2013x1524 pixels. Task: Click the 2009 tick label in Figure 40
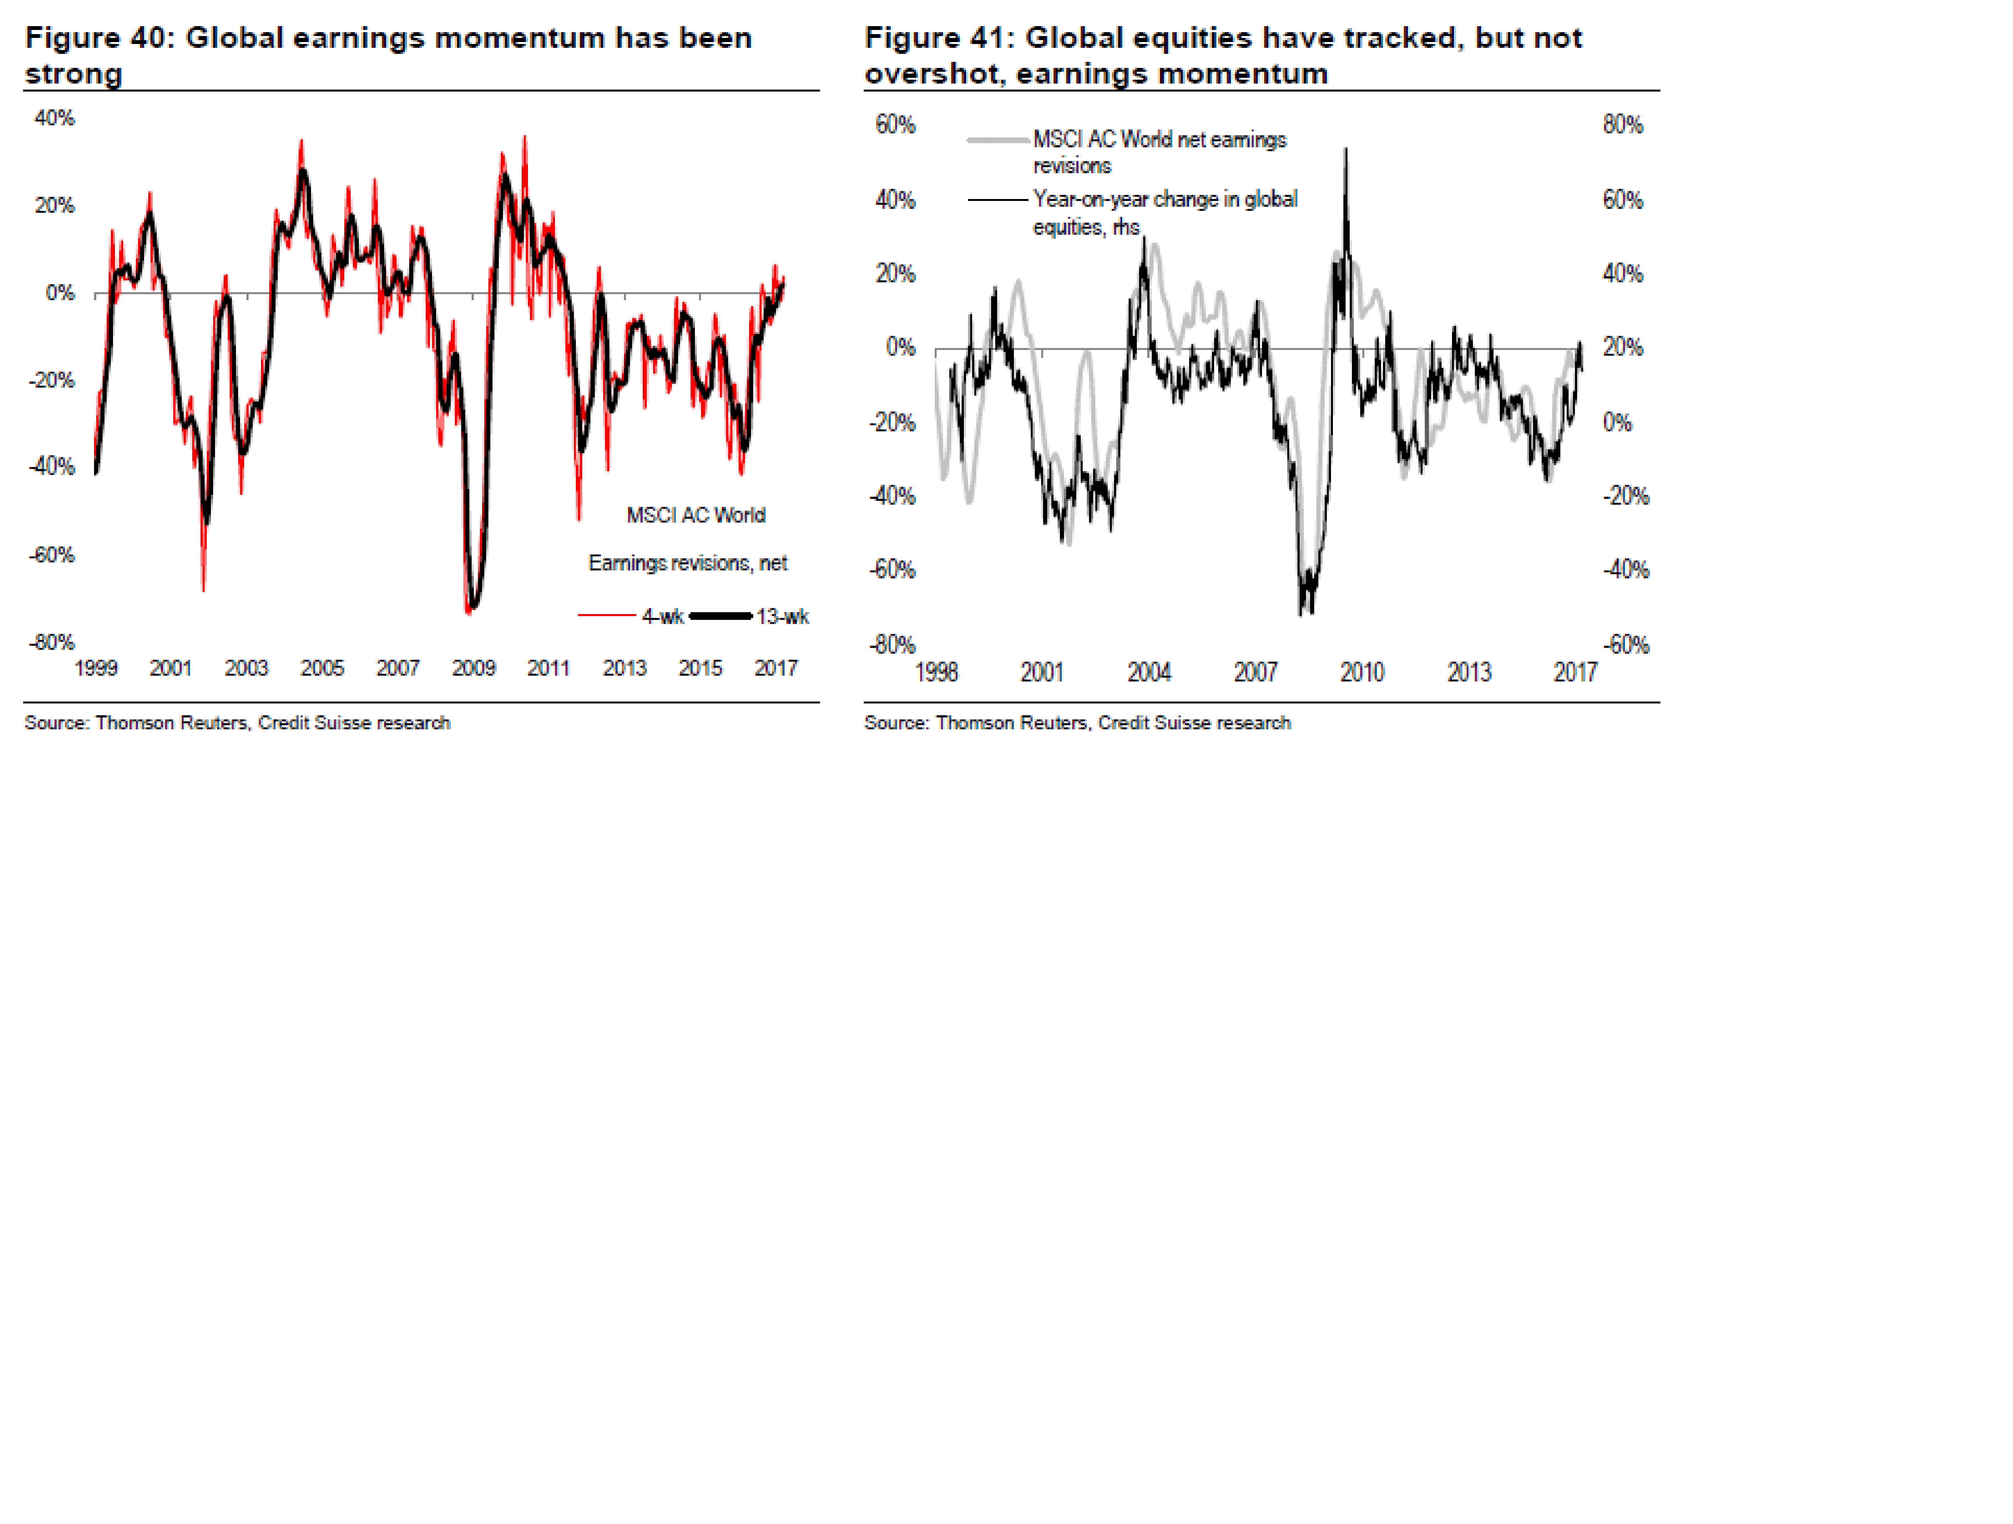(x=473, y=669)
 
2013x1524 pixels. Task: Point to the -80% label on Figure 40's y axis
(x=52, y=642)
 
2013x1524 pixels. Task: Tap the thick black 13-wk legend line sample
(x=721, y=616)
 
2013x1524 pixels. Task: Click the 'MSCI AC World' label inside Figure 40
(x=696, y=515)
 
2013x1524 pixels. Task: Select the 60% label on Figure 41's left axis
(x=895, y=125)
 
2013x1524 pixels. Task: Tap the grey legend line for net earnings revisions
(x=998, y=140)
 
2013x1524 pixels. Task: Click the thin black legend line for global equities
(x=998, y=199)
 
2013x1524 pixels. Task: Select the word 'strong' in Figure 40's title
(x=74, y=74)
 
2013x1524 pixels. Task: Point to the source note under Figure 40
(x=237, y=722)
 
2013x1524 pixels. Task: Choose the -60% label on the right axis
(x=1625, y=645)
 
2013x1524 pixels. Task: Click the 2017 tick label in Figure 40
(x=775, y=669)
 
